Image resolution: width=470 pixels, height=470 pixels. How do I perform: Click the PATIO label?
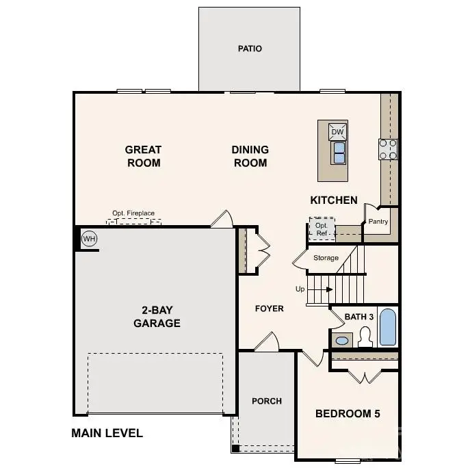(250, 49)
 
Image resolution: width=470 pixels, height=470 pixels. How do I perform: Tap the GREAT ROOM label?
(143, 156)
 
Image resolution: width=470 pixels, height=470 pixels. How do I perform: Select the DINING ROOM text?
(250, 156)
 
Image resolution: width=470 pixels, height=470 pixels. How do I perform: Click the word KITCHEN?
(334, 200)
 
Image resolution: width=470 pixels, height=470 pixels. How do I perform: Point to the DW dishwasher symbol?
(337, 132)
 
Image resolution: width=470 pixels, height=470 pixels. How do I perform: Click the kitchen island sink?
(338, 153)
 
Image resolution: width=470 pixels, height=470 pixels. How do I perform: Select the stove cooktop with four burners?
(389, 149)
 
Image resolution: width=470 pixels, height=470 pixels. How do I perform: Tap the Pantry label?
(378, 222)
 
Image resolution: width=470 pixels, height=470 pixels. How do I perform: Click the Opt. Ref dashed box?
(322, 229)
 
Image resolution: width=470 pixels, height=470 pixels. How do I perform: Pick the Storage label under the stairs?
(326, 258)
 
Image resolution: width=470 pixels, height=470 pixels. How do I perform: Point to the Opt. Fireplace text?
(133, 213)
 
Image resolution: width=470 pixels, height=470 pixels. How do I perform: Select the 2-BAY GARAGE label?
(157, 317)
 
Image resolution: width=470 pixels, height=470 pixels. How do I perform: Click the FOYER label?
(270, 309)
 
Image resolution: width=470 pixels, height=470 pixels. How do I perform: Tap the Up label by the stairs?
(300, 289)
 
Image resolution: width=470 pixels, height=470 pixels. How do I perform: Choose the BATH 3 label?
(359, 317)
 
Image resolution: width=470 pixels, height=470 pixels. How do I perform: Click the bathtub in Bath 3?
(387, 328)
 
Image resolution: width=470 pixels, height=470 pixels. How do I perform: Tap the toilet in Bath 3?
(365, 337)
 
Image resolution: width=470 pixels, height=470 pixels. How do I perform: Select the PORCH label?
(266, 401)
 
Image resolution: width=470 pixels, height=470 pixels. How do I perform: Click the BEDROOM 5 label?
(348, 414)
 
